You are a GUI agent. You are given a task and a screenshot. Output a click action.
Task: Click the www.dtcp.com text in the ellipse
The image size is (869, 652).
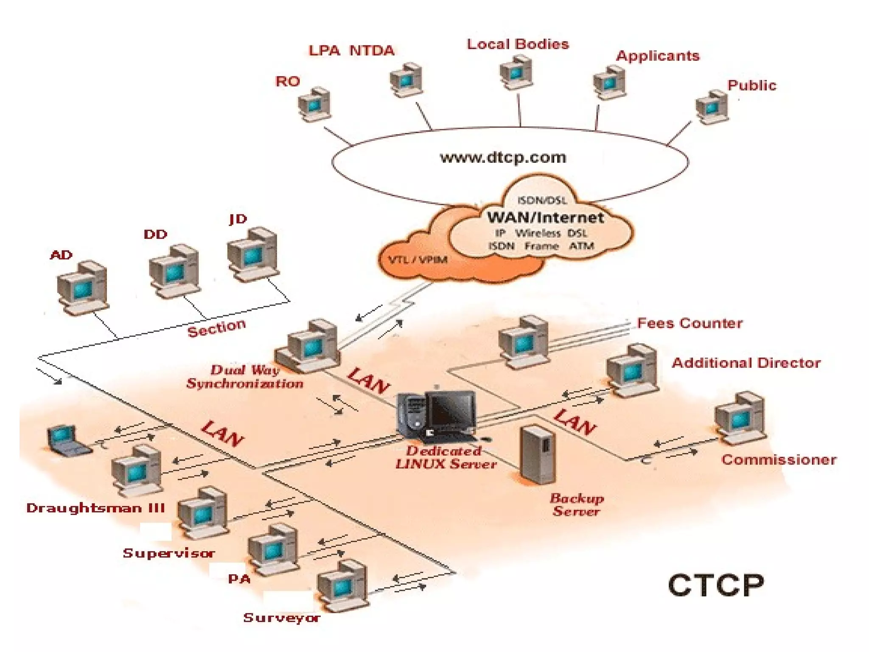pyautogui.click(x=503, y=158)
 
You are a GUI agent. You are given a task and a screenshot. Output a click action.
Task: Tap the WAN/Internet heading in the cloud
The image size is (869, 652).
pyautogui.click(x=545, y=218)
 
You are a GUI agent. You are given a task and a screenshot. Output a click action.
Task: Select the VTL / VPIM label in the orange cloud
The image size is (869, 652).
pyautogui.click(x=418, y=259)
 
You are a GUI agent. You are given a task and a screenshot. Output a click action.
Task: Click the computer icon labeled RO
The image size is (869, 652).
pyautogui.click(x=314, y=104)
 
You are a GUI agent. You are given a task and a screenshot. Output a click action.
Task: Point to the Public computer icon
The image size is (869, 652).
pyautogui.click(x=712, y=107)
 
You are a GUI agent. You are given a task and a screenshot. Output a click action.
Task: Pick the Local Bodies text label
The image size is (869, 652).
pyautogui.click(x=518, y=44)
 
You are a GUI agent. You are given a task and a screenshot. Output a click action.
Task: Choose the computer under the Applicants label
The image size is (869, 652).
pyautogui.click(x=609, y=83)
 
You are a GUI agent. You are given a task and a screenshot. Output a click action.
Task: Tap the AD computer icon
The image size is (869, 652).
pyautogui.click(x=82, y=288)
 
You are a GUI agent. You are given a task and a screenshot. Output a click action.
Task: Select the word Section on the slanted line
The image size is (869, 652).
pyautogui.click(x=217, y=328)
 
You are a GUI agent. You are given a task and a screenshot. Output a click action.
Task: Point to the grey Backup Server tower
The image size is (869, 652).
pyautogui.click(x=537, y=454)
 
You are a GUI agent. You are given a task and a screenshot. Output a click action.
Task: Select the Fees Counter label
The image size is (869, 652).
pyautogui.click(x=690, y=323)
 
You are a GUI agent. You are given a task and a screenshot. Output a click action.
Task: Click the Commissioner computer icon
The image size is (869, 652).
pyautogui.click(x=740, y=418)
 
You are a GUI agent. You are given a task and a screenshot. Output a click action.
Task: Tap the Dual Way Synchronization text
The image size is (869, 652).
pyautogui.click(x=245, y=377)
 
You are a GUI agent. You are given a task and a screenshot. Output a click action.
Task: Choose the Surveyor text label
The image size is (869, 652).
pyautogui.click(x=281, y=618)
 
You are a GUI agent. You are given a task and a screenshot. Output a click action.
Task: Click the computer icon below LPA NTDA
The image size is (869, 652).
pyautogui.click(x=406, y=80)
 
